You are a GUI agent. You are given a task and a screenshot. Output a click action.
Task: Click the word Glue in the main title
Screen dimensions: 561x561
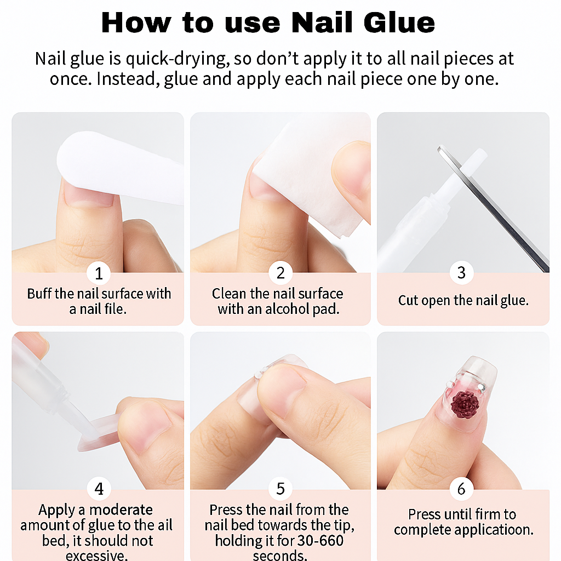(399, 23)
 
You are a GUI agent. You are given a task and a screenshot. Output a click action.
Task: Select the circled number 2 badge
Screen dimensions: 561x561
(280, 273)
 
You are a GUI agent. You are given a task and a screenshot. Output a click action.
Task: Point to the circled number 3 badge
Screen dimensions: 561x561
(461, 273)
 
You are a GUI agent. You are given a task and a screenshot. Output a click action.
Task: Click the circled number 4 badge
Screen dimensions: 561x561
(99, 489)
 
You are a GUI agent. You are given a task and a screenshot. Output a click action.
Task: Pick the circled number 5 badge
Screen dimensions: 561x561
(280, 489)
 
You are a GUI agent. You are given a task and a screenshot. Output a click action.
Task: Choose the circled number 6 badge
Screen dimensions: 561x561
(461, 489)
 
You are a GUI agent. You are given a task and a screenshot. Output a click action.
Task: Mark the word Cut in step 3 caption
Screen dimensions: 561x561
(408, 301)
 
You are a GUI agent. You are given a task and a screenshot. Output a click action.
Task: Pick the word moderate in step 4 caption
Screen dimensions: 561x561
(121, 510)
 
